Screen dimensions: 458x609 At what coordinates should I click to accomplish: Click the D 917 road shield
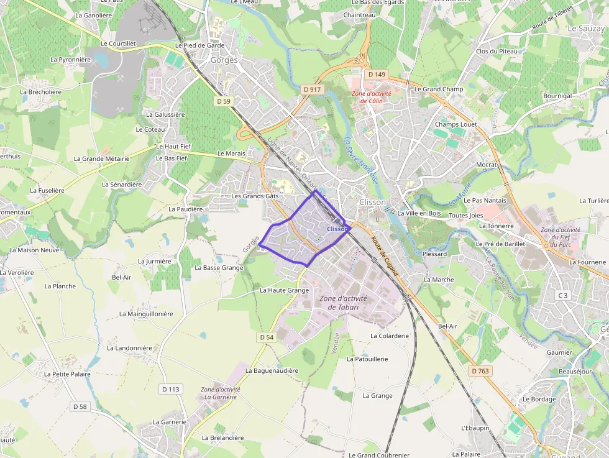pyautogui.click(x=313, y=89)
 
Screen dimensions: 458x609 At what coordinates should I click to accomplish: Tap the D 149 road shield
pyautogui.click(x=377, y=75)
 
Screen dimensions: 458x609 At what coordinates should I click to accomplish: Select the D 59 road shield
pyautogui.click(x=224, y=101)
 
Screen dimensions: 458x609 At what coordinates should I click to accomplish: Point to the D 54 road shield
pyautogui.click(x=266, y=337)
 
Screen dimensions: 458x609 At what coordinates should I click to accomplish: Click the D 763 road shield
pyautogui.click(x=480, y=371)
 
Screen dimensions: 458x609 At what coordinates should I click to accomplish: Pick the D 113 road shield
pyautogui.click(x=170, y=389)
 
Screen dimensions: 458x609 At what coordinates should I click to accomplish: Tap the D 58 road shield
pyautogui.click(x=80, y=406)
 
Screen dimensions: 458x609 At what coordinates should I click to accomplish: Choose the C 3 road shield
pyautogui.click(x=563, y=295)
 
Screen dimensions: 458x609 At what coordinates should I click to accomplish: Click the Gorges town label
pyautogui.click(x=224, y=60)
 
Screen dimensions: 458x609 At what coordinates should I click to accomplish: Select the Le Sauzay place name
pyautogui.click(x=586, y=29)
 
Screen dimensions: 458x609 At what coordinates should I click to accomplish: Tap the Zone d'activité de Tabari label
pyautogui.click(x=343, y=303)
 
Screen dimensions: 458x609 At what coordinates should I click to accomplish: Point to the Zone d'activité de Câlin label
pyautogui.click(x=371, y=97)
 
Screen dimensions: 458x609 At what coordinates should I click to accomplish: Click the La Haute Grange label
pyautogui.click(x=284, y=290)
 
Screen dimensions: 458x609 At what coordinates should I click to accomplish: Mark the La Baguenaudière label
pyautogui.click(x=272, y=370)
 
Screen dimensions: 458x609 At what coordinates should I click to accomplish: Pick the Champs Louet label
pyautogui.click(x=456, y=124)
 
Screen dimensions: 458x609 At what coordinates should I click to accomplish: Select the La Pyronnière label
pyautogui.click(x=70, y=60)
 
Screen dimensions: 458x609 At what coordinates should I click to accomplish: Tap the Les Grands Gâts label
pyautogui.click(x=255, y=196)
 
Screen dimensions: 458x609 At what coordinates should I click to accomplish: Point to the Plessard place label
pyautogui.click(x=434, y=254)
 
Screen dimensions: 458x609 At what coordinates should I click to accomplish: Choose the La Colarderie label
pyautogui.click(x=390, y=336)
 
